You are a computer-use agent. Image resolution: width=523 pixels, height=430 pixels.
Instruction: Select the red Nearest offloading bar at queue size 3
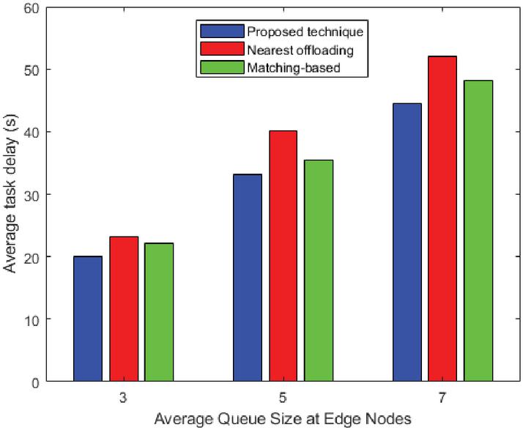click(124, 308)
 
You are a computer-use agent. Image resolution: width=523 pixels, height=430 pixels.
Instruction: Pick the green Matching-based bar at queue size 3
click(159, 312)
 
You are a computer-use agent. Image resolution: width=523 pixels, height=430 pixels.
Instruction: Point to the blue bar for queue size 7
click(407, 242)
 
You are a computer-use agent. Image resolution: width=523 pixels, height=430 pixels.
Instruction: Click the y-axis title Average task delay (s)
click(11, 194)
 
